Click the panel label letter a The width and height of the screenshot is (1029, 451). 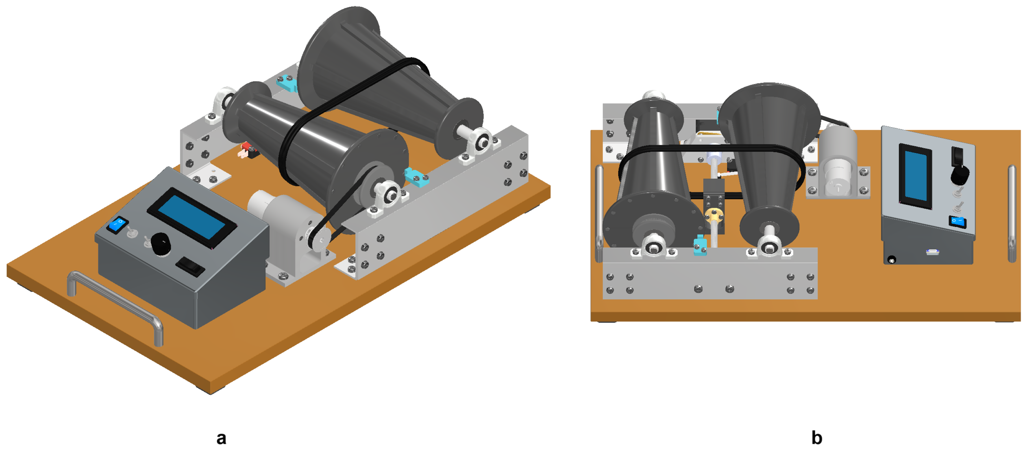point(221,438)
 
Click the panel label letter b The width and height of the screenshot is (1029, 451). point(816,438)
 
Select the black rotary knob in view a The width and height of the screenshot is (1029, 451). point(161,243)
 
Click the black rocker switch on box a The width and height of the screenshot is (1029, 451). point(190,266)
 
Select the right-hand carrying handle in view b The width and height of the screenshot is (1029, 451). point(1012,214)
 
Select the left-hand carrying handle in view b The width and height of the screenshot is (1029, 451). point(599,214)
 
